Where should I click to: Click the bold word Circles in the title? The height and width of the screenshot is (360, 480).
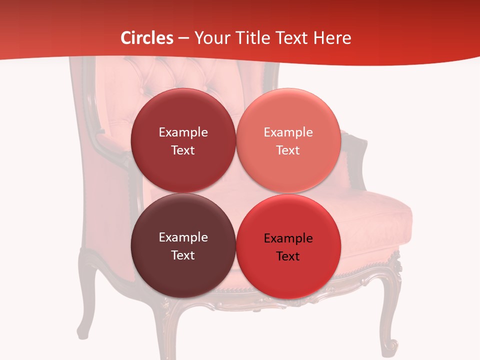click(146, 38)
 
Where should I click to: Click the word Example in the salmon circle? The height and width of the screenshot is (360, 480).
click(288, 132)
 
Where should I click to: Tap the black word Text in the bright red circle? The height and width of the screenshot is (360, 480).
click(288, 256)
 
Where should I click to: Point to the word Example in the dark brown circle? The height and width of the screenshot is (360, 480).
click(183, 237)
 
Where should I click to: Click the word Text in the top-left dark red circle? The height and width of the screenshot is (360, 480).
click(183, 150)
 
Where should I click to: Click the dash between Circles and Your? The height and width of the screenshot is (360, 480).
click(183, 38)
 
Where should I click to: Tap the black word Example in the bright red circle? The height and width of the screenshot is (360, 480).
click(288, 238)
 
